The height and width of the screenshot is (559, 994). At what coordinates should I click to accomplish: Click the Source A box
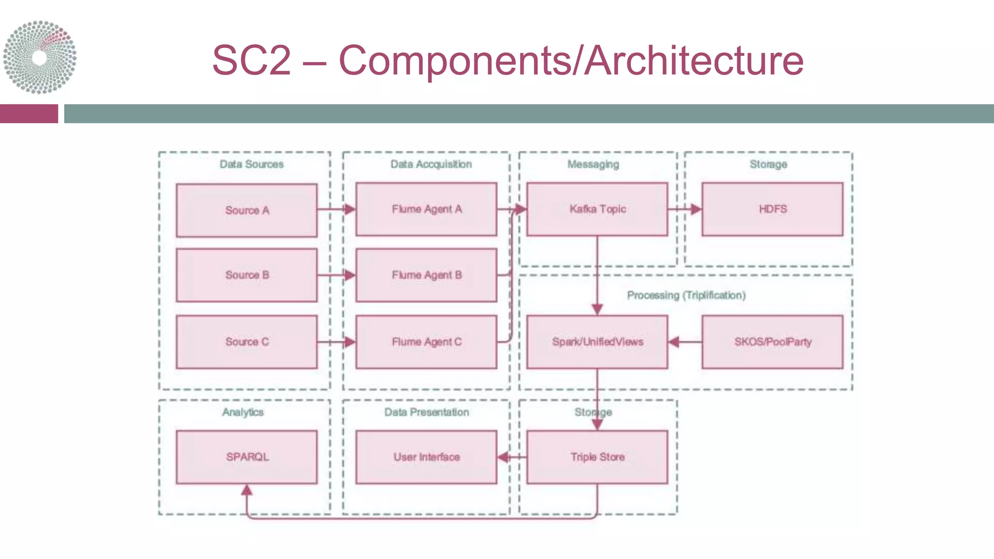coord(247,210)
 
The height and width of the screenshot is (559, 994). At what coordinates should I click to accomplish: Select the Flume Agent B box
coord(426,275)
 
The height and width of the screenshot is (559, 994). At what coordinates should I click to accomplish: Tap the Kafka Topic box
coord(597,209)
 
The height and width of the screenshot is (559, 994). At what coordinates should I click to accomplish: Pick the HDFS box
coord(772,209)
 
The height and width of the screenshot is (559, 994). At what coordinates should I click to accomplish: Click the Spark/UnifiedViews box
coord(597,342)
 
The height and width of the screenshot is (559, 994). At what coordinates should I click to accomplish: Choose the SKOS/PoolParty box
coord(772,342)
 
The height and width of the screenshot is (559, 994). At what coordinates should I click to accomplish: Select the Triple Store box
coord(597,457)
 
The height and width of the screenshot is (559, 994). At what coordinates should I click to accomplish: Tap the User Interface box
coord(426,457)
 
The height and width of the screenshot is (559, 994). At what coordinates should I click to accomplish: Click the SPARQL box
coord(247,457)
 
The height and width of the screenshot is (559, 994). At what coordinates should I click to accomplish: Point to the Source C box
coord(247,342)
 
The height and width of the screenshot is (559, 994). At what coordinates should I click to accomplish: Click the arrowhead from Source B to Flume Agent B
coord(349,275)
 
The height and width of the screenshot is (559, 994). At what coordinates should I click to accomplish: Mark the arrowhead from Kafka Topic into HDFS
coord(696,209)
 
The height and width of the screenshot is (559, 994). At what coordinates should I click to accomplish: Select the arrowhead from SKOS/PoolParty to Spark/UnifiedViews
coord(674,342)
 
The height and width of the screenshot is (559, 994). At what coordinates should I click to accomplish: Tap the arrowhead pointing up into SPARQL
coord(247,490)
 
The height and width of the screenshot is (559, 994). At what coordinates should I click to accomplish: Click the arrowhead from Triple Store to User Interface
coord(503,457)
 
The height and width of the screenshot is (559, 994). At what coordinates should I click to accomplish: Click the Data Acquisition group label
coord(431,164)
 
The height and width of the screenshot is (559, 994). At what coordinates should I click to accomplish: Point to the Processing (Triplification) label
coord(686,295)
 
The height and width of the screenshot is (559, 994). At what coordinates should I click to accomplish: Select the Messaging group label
coord(593,164)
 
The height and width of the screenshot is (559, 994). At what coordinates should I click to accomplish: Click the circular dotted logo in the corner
coord(39,57)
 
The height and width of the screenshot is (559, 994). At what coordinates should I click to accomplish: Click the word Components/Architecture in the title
coord(571,61)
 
